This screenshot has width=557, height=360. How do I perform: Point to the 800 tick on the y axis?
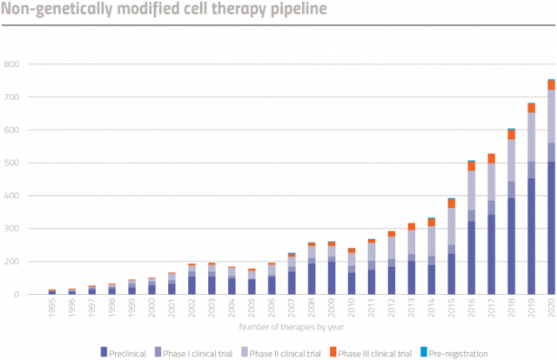(x=12, y=64)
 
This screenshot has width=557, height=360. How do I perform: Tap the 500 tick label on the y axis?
(x=12, y=163)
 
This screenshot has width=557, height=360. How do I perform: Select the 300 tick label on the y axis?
(x=12, y=229)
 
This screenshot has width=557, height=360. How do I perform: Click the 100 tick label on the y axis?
(x=12, y=262)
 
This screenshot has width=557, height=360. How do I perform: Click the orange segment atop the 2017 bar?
(x=491, y=157)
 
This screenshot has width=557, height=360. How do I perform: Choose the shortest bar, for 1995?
(x=52, y=291)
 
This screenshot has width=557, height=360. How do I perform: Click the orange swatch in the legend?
(x=332, y=350)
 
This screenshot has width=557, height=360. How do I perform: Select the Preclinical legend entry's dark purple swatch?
(x=104, y=350)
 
